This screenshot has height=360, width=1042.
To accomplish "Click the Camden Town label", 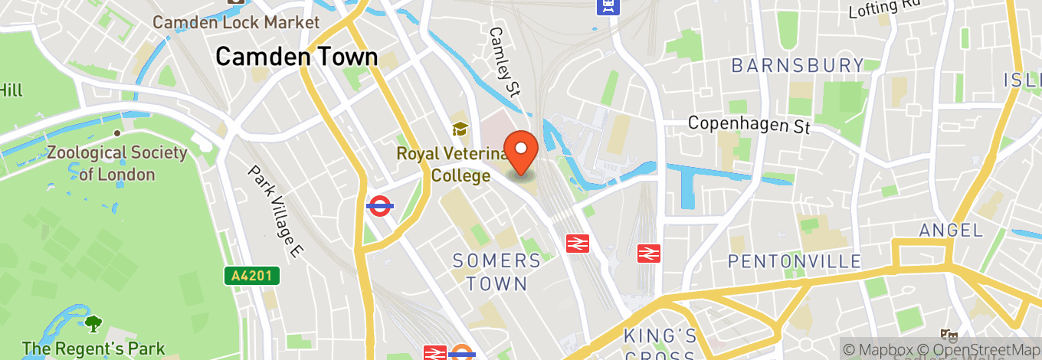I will [x=297, y=57].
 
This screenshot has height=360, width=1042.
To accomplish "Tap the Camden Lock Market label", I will [x=236, y=22].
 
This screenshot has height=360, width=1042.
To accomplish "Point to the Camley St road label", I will [x=505, y=62].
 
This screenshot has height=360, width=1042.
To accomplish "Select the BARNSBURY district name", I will [x=798, y=66].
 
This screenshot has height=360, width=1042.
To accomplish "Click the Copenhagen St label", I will [x=749, y=124].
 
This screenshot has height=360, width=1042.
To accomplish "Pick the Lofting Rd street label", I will [x=884, y=9].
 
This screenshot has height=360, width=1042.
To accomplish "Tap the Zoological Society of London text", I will [x=117, y=163].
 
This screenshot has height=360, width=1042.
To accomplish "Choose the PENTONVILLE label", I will [x=795, y=262].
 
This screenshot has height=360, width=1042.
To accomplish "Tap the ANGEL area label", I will [x=952, y=230].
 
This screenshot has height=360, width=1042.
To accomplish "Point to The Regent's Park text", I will [x=93, y=349].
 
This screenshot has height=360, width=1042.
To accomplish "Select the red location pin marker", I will [x=523, y=151].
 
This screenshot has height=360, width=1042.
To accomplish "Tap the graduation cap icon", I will [x=460, y=129].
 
